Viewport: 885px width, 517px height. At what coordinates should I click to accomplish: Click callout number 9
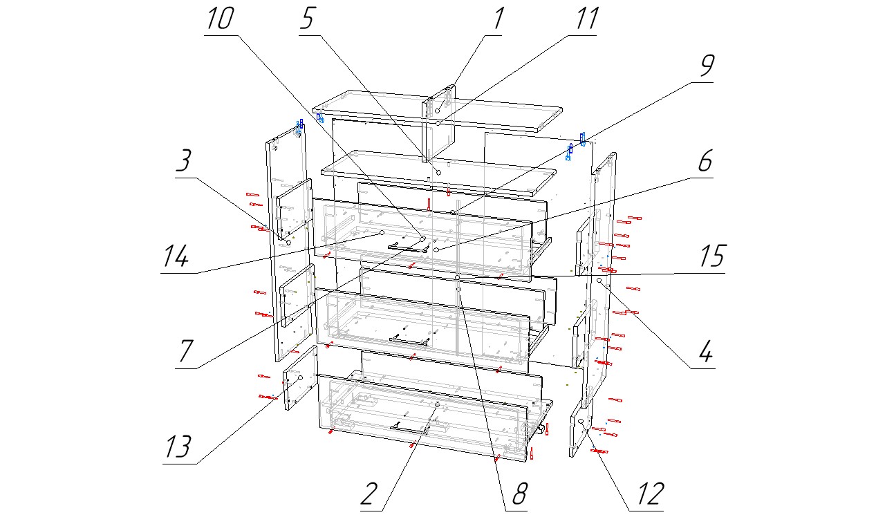pos(705,66)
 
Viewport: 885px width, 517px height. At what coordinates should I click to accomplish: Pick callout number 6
pos(703,163)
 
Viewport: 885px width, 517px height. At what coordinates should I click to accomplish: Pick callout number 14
pos(174,258)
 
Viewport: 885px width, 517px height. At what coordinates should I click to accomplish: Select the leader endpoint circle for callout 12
pos(581,421)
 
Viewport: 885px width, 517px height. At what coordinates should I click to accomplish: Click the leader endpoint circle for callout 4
pos(599,281)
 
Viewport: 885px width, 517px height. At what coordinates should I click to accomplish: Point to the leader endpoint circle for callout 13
pos(300,377)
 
